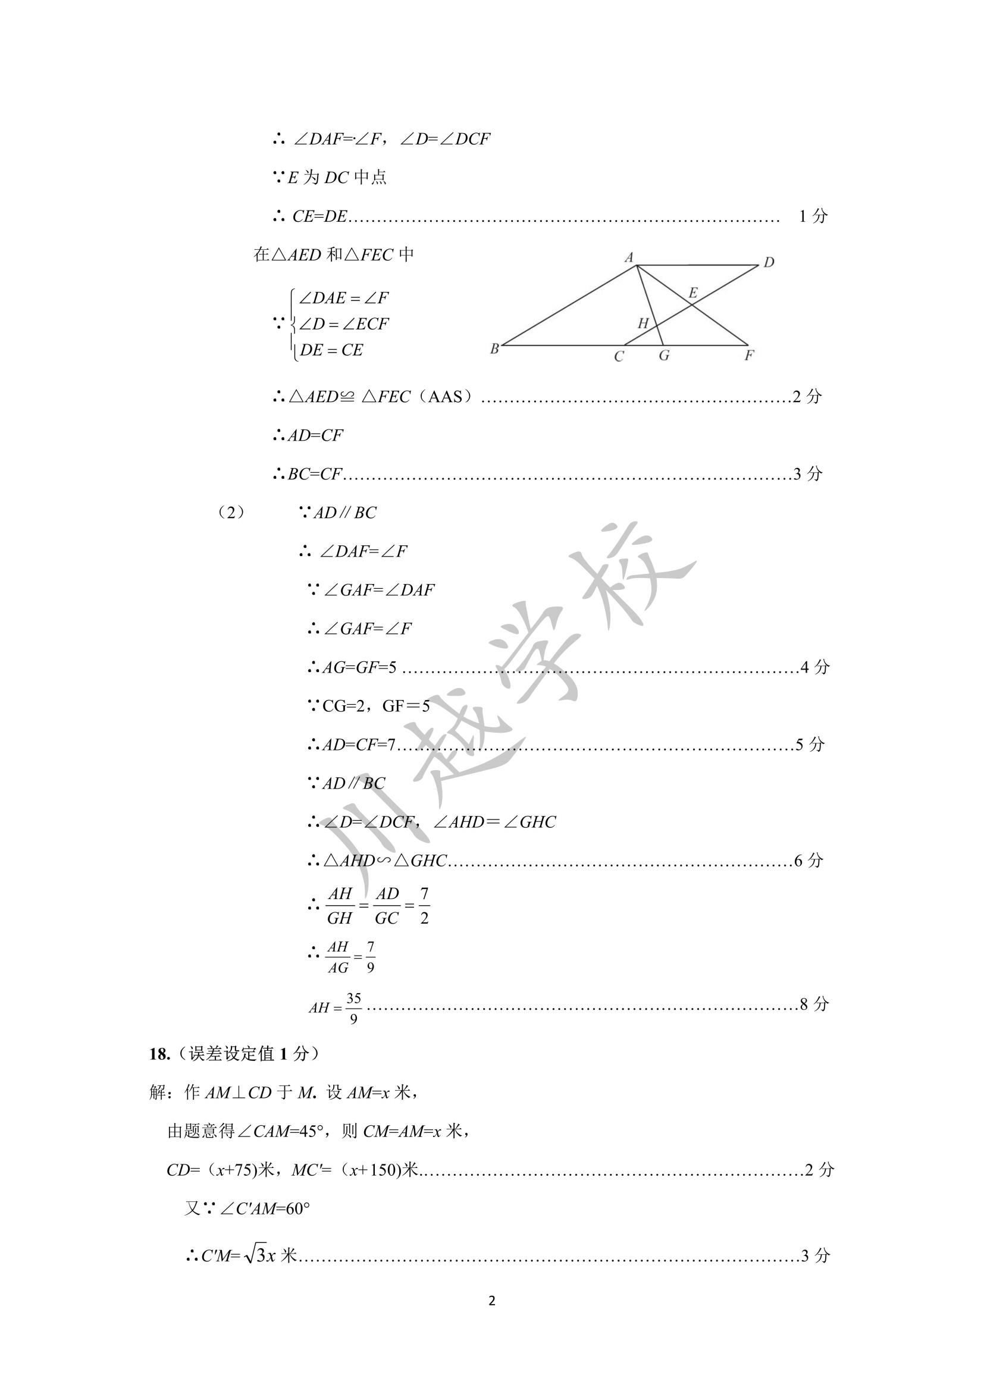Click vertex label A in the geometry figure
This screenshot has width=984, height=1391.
(629, 258)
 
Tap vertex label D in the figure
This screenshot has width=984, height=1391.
(768, 262)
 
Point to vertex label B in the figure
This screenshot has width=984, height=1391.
(494, 349)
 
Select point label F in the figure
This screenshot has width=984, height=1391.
(749, 356)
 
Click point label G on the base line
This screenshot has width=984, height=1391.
(664, 356)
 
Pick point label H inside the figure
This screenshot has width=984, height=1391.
(643, 324)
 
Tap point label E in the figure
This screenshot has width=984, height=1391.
(692, 294)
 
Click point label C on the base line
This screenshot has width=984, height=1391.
(619, 357)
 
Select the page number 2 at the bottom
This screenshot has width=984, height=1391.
(491, 1301)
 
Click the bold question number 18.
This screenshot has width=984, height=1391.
(159, 1054)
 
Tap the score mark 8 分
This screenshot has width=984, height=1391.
(814, 1004)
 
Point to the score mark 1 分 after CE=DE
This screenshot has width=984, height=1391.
(813, 216)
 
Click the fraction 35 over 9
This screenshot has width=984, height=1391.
(353, 1008)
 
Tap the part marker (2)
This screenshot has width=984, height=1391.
(231, 513)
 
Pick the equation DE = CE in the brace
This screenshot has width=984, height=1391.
(331, 350)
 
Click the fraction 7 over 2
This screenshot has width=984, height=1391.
(424, 906)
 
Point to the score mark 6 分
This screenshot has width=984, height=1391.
(808, 861)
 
